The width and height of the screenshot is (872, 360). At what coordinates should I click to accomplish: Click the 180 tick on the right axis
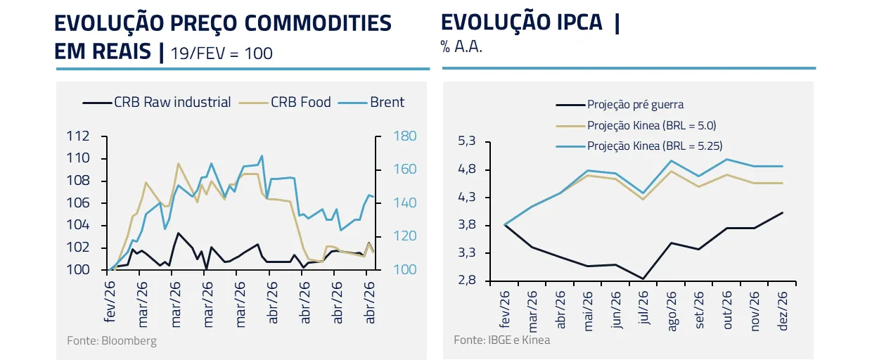(x=390, y=136)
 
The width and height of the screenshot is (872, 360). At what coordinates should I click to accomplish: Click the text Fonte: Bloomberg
(x=112, y=341)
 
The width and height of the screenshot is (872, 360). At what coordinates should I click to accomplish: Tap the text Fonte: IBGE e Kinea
(x=501, y=340)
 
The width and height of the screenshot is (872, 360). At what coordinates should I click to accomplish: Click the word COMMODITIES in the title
(x=318, y=23)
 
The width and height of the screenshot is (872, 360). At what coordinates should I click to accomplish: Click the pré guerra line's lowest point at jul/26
(x=643, y=279)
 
